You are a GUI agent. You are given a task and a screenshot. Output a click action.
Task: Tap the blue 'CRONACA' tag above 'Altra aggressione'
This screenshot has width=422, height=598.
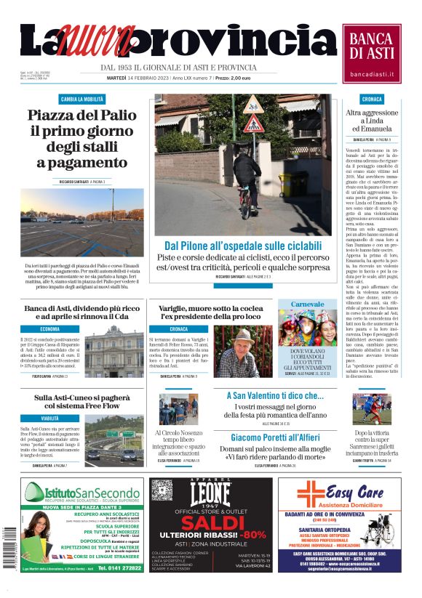point(372,99)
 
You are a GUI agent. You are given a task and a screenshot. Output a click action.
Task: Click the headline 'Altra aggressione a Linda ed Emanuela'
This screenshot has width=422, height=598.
point(372,121)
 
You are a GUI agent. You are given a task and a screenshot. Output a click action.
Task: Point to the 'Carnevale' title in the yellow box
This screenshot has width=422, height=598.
point(307,304)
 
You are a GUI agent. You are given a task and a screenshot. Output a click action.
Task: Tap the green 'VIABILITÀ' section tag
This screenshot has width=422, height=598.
point(50,419)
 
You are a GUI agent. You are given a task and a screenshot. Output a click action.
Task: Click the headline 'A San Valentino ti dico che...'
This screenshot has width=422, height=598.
point(274,396)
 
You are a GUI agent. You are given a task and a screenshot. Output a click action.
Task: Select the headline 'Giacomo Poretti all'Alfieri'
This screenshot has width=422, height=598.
point(274,437)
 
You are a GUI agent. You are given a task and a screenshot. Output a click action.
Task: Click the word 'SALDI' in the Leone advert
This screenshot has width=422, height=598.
point(211,524)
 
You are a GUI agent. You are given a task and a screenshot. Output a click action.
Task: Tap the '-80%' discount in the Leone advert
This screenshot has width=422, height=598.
point(252,536)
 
